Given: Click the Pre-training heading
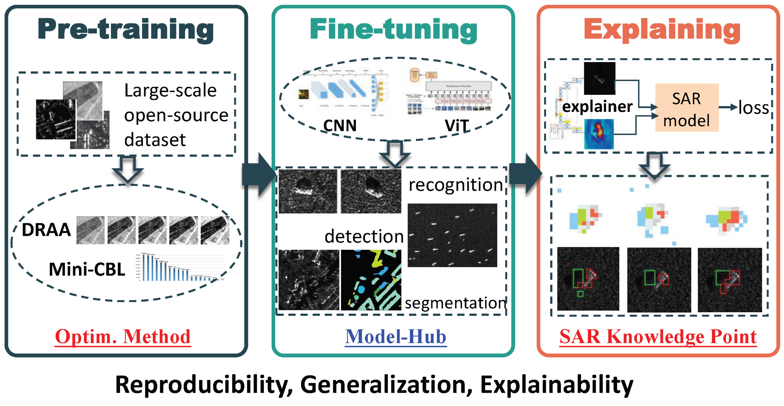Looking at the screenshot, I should pyautogui.click(x=125, y=29).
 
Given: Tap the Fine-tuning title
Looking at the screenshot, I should pyautogui.click(x=393, y=29).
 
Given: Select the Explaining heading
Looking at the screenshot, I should pyautogui.click(x=662, y=29).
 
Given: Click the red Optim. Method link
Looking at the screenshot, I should pyautogui.click(x=123, y=337).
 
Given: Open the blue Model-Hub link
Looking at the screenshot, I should pyautogui.click(x=396, y=337).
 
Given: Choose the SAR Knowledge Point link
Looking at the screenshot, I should pyautogui.click(x=658, y=337).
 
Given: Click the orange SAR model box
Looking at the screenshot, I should pyautogui.click(x=687, y=108).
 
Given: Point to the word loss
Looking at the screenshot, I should pyautogui.click(x=753, y=108).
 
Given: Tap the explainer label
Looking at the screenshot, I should pyautogui.click(x=597, y=106).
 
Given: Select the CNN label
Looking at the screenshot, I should pyautogui.click(x=340, y=125).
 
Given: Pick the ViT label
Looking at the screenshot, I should pyautogui.click(x=457, y=125).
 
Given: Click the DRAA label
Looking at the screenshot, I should pyautogui.click(x=46, y=230).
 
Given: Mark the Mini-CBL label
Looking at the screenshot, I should pyautogui.click(x=87, y=269).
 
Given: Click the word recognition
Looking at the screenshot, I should pyautogui.click(x=456, y=185).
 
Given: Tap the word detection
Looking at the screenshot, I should pyautogui.click(x=364, y=236).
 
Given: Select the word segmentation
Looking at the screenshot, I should pyautogui.click(x=456, y=303).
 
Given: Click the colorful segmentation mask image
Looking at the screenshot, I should pyautogui.click(x=371, y=280).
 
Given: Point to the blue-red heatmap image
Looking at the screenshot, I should pyautogui.click(x=599, y=134).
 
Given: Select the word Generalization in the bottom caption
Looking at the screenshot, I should pyautogui.click(x=386, y=385).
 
